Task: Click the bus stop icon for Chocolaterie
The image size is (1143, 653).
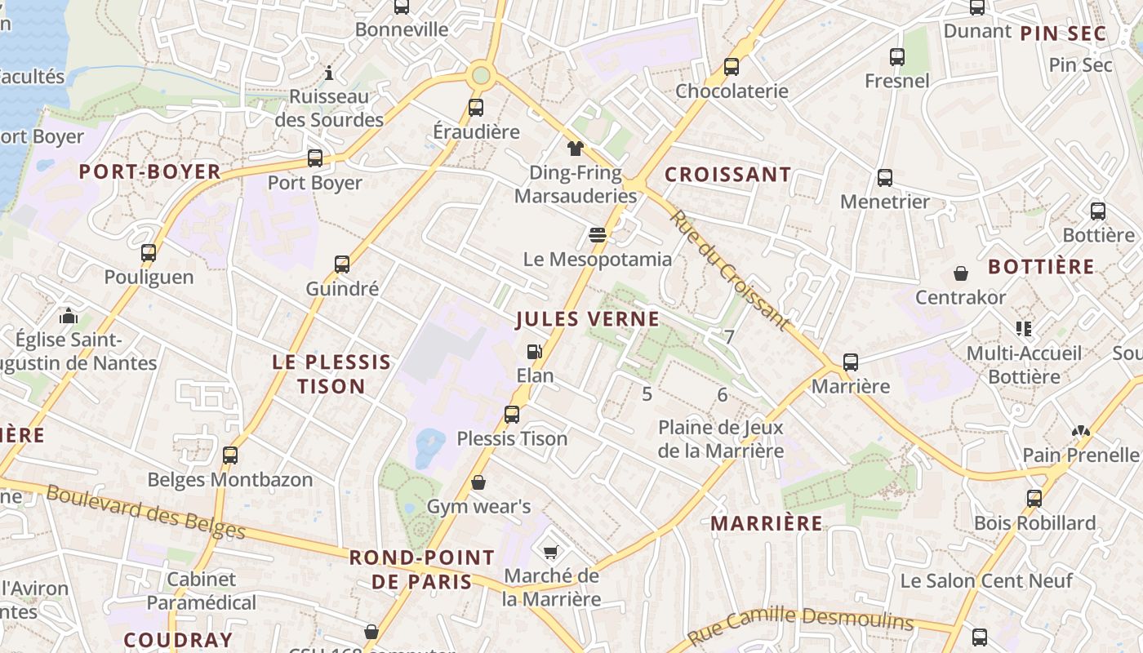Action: pos(732,67)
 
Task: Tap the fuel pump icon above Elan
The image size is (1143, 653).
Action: pos(535,352)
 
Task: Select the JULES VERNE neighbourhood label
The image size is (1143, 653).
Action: pos(587,319)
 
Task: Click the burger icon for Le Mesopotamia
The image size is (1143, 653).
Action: pos(598,236)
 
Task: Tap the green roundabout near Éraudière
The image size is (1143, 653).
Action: pos(481,76)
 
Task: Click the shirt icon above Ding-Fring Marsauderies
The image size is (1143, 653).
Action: pos(576,149)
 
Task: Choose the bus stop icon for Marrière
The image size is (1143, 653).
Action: pos(851,362)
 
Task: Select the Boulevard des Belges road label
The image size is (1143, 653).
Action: pos(145,512)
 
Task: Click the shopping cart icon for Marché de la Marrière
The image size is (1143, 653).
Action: pos(551,553)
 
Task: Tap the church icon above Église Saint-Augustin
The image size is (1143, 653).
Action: pos(69,316)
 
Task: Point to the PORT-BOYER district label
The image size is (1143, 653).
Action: pos(149,172)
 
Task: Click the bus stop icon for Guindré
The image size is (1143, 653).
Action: pos(342,264)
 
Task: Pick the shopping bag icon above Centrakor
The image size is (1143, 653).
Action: pos(961,273)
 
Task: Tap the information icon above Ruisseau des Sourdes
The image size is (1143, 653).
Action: pos(329,73)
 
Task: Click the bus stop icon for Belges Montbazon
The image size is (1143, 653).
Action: pos(230,455)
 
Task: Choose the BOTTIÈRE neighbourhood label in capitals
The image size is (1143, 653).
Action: pos(1041,267)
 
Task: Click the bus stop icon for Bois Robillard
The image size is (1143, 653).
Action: pos(1034,499)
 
